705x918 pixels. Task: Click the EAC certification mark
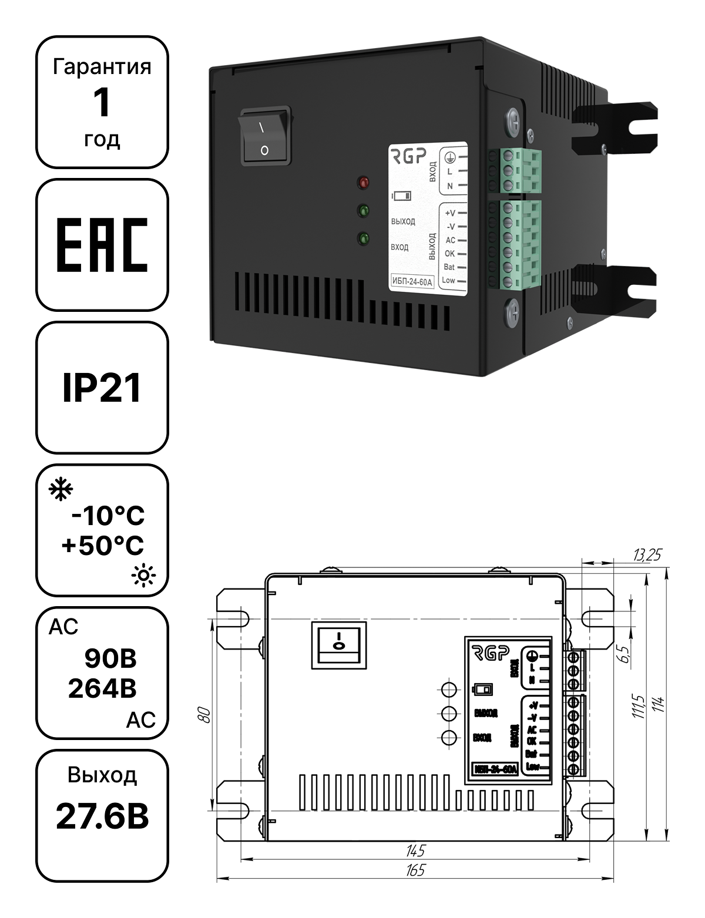(102, 245)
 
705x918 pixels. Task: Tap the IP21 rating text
(102, 388)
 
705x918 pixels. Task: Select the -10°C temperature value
(108, 516)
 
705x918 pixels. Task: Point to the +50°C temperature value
(103, 545)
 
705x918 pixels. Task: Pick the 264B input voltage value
(102, 688)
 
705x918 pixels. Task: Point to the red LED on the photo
(363, 182)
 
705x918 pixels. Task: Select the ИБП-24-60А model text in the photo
(412, 282)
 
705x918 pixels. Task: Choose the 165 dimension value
(415, 870)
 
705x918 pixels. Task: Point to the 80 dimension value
(204, 714)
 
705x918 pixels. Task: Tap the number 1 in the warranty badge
(102, 102)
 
